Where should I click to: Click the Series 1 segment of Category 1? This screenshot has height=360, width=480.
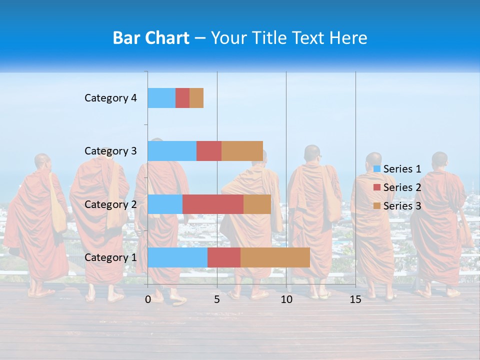point(177,257)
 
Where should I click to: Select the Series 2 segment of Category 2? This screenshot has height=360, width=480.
point(213,204)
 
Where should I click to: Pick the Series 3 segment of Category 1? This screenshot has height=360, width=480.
point(275,257)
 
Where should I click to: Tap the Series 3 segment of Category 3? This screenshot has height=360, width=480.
point(242,151)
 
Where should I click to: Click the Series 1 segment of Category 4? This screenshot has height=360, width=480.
point(161,98)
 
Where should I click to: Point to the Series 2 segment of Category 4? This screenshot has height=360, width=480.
point(182,98)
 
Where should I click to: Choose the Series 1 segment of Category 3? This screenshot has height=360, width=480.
point(172,151)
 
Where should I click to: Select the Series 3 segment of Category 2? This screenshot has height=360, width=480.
point(257,204)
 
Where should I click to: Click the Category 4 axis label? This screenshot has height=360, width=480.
point(110,98)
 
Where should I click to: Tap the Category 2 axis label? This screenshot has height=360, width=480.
point(110,204)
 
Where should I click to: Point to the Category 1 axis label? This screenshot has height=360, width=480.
point(110,257)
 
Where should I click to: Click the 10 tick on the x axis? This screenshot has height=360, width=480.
point(286,299)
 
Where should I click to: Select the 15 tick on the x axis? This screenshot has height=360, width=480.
point(355,299)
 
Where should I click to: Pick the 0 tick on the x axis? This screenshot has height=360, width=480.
point(148,299)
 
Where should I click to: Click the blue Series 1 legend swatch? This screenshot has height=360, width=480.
point(376,169)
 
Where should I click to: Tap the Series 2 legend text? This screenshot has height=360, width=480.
point(402,187)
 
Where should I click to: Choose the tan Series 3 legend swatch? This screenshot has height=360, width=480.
point(376,206)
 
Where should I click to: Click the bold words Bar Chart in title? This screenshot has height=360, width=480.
point(151,38)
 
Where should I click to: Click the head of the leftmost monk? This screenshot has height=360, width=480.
point(42,162)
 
